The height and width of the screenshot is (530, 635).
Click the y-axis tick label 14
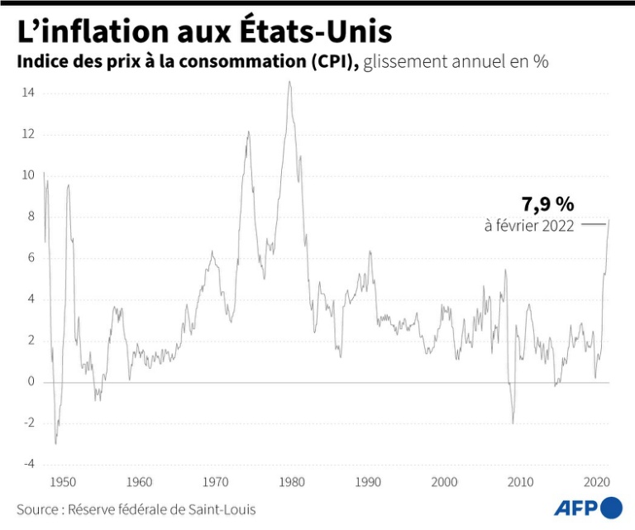click(x=28, y=93)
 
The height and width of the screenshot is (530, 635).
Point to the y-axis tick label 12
click(x=28, y=134)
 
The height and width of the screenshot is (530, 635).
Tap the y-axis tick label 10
click(x=28, y=175)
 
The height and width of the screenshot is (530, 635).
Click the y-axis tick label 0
click(x=31, y=382)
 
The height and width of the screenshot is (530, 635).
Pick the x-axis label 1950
click(x=63, y=481)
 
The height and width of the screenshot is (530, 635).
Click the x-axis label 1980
click(x=291, y=481)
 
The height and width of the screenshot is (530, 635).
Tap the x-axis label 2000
click(x=444, y=481)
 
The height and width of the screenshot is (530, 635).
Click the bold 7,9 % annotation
click(x=547, y=204)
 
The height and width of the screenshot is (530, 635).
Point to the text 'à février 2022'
click(x=529, y=226)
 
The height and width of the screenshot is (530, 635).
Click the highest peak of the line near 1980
click(x=289, y=82)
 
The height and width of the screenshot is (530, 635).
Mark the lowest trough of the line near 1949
click(x=55, y=443)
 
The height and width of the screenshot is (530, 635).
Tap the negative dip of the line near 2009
click(x=513, y=423)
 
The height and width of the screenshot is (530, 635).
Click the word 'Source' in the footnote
click(x=36, y=509)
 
